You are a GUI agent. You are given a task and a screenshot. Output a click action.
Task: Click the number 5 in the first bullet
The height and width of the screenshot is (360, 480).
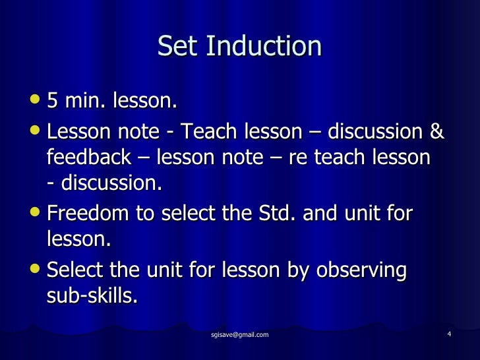tap(53, 102)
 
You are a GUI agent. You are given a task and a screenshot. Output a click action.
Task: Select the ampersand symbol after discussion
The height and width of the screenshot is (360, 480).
tap(436, 133)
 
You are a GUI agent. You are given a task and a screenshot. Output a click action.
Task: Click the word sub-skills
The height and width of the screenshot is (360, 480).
tap(92, 297)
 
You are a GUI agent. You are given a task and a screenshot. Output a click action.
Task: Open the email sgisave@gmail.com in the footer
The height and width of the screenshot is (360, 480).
tap(239, 336)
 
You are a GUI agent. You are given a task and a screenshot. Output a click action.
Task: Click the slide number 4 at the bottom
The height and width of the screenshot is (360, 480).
tap(448, 334)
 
